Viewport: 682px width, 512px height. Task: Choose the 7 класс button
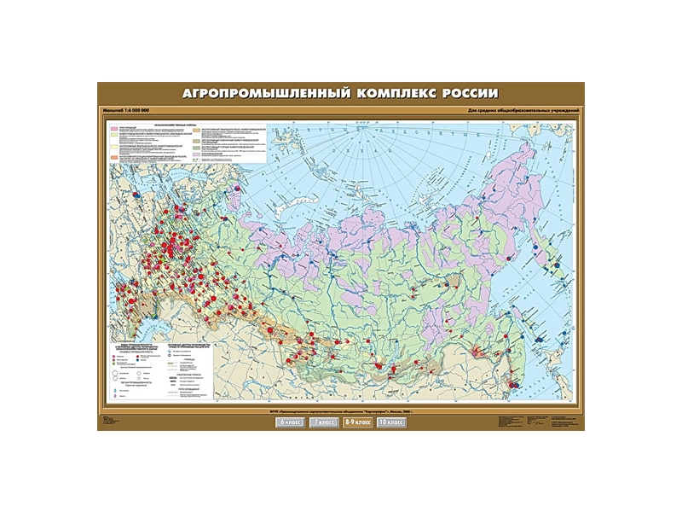(323, 422)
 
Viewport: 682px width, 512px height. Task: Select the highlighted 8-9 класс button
(357, 422)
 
